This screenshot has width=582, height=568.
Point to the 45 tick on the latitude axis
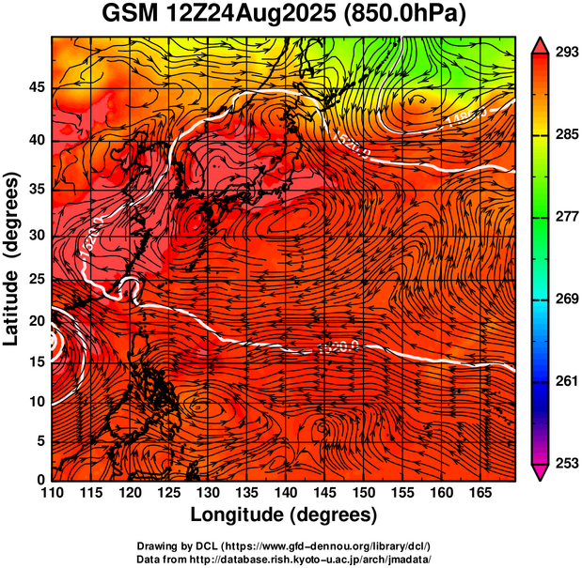[x=36, y=87]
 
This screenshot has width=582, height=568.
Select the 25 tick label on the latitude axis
[x=36, y=280]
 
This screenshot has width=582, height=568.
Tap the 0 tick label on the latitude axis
[x=40, y=480]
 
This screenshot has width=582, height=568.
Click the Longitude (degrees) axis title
[x=284, y=514]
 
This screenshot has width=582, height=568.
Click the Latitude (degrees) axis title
[x=12, y=258]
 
